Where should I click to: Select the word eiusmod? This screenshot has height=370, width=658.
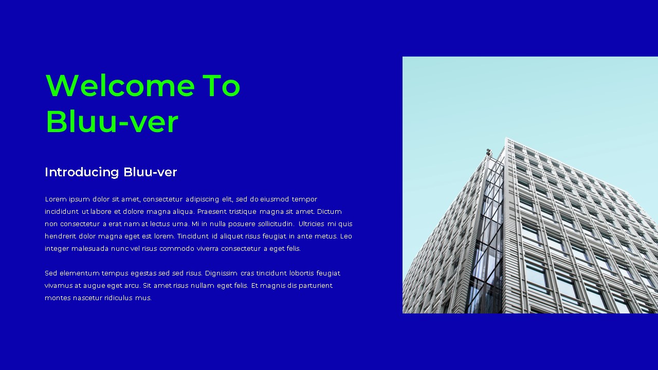tap(275, 199)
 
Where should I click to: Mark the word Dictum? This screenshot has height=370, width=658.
tap(330, 212)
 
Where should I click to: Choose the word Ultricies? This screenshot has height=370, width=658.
tap(312, 224)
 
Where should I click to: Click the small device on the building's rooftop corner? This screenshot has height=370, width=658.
tap(488, 152)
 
